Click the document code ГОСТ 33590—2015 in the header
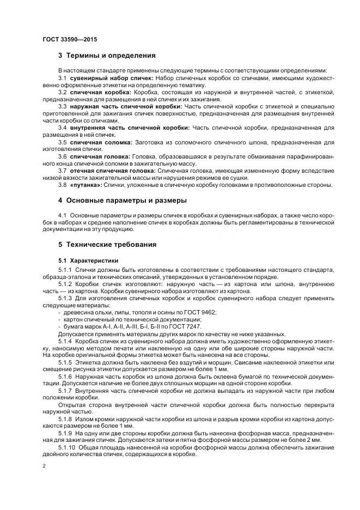(x=69, y=39)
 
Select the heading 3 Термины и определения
(x=107, y=56)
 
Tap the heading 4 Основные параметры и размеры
(x=123, y=200)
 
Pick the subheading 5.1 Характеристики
(x=88, y=260)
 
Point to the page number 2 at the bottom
(x=44, y=466)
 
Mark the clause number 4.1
(x=63, y=216)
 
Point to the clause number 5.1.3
(x=66, y=298)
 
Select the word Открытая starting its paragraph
(x=74, y=405)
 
